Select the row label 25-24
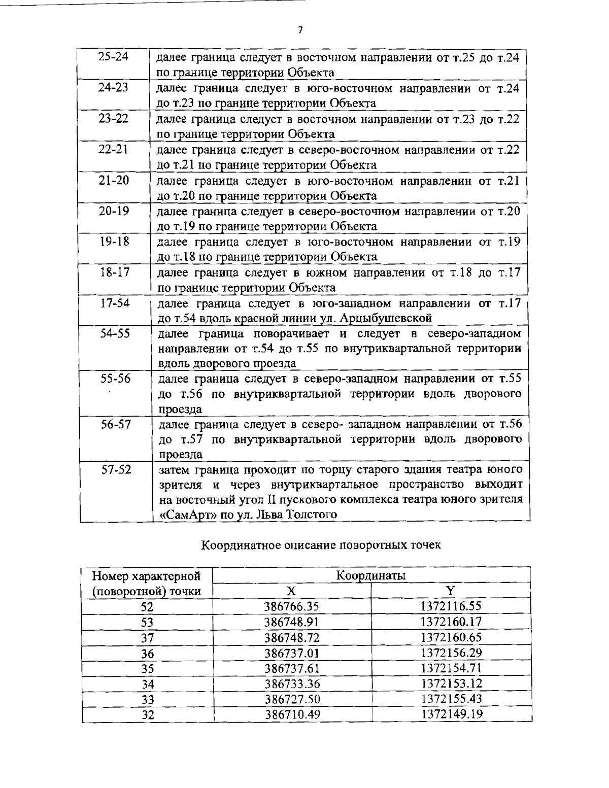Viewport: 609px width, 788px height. [x=113, y=57]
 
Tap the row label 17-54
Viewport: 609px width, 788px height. [x=115, y=303]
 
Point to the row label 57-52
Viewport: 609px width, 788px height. [x=116, y=469]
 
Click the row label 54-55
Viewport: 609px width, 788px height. [x=115, y=334]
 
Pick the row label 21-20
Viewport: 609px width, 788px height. [x=114, y=180]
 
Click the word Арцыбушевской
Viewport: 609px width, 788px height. [x=385, y=319]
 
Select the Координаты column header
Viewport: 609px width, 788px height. [x=371, y=575]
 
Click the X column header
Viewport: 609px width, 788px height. [x=291, y=591]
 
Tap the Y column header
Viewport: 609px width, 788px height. [x=451, y=591]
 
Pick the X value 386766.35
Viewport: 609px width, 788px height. [x=291, y=606]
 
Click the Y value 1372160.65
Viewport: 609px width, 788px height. [x=451, y=637]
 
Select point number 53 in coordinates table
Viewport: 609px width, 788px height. [x=147, y=622]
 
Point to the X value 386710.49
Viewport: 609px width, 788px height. [x=292, y=714]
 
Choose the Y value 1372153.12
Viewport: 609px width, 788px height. [x=451, y=683]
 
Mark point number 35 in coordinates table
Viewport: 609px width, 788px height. [x=147, y=668]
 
